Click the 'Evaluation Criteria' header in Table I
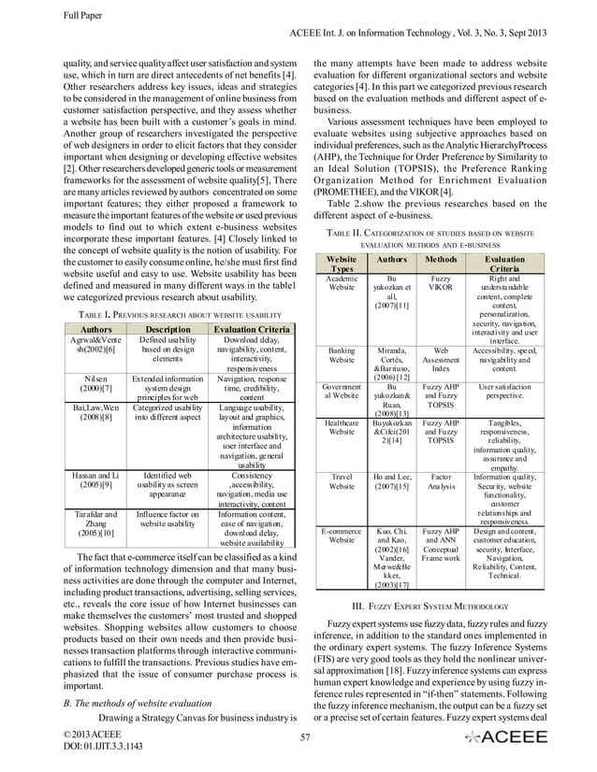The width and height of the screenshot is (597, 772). click(245, 328)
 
